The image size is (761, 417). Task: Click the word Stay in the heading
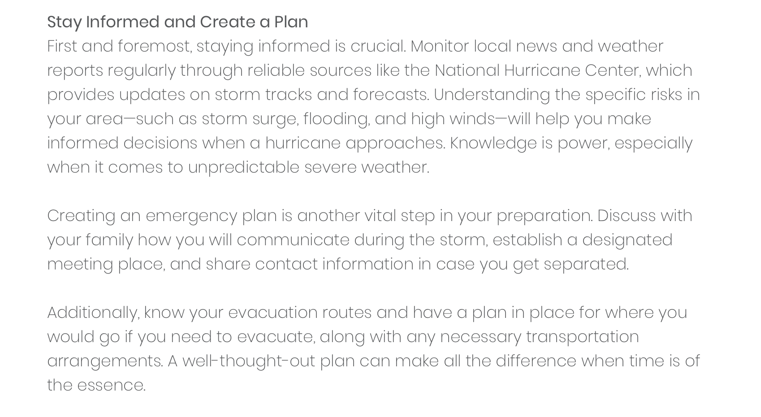(x=64, y=22)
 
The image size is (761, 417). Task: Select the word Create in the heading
(x=227, y=22)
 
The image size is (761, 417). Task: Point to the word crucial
(x=378, y=47)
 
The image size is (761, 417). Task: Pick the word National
(x=467, y=71)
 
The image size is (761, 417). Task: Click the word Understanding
(x=491, y=95)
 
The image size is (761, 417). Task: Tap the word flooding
(x=336, y=119)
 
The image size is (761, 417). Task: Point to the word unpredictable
(x=243, y=168)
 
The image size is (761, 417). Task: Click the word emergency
(x=191, y=216)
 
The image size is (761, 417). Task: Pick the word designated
(x=627, y=240)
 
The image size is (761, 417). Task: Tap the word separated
(x=586, y=265)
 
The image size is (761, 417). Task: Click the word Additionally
(x=93, y=313)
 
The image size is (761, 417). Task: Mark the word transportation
(x=582, y=337)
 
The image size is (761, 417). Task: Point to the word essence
(x=111, y=386)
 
